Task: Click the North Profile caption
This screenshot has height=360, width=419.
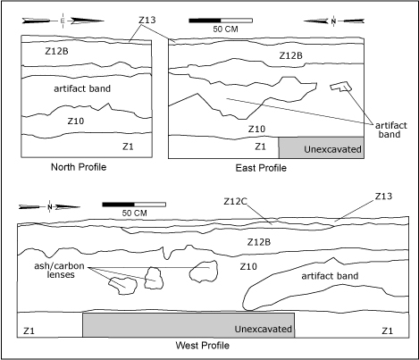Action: point(79,167)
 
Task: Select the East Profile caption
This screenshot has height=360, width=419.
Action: point(261,168)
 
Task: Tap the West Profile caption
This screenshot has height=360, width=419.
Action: point(203,346)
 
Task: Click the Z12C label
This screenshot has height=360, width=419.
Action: point(235,202)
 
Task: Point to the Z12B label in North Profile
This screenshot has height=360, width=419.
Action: point(56,51)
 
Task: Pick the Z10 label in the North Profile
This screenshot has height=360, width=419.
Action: point(76,121)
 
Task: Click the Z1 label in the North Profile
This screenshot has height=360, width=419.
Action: point(128,147)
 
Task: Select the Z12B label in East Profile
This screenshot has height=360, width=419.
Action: point(290,55)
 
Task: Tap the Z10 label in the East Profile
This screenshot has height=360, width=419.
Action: point(256,129)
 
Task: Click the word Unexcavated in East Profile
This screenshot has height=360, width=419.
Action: point(332,149)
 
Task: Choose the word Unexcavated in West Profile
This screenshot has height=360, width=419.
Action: point(264,329)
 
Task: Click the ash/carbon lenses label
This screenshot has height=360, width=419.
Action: point(59,270)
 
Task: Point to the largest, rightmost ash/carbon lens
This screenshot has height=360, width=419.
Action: point(204,272)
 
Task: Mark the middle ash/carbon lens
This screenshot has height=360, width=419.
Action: point(154,278)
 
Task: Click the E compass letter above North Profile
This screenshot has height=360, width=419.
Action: point(63,21)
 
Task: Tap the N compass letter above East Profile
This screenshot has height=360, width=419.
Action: point(333,21)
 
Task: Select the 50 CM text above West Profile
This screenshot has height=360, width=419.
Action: point(134,213)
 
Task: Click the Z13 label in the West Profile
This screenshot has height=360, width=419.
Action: point(383,197)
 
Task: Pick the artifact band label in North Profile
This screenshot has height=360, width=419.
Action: point(82,88)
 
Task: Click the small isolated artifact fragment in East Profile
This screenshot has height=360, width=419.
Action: point(341,86)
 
